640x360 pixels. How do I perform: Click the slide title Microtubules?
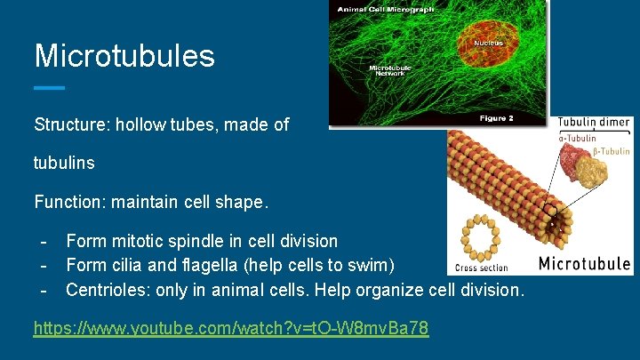[x=124, y=56]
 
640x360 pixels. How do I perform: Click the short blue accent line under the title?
[x=49, y=88]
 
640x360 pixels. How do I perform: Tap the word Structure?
[x=68, y=125]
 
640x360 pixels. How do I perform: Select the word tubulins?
[x=64, y=164]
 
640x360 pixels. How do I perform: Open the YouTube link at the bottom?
[x=231, y=328]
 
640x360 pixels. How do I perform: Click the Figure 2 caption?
[x=499, y=118]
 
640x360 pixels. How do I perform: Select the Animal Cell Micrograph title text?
[x=383, y=11]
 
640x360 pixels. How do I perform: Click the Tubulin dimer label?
[x=594, y=123]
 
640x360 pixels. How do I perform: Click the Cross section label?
[x=482, y=268]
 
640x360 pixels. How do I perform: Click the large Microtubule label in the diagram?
[x=584, y=263]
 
